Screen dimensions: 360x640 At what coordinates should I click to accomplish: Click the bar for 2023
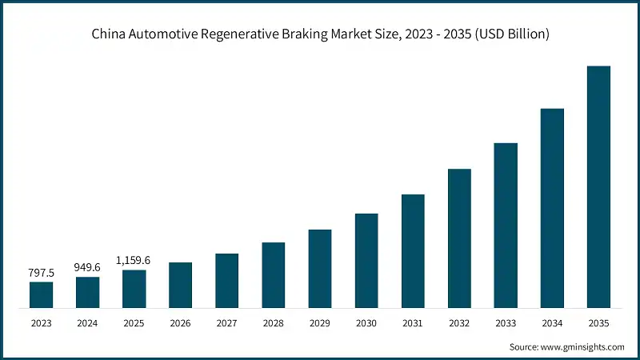point(42,294)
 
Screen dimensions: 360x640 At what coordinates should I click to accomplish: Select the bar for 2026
point(181,285)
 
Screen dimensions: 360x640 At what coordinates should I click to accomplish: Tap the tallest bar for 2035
point(598,186)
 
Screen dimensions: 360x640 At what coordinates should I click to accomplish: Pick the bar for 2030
point(366,260)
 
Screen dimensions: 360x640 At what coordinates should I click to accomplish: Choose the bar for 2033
point(506,225)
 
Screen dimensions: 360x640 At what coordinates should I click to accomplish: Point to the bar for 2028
point(274,274)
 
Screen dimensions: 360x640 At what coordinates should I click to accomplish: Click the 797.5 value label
point(42,272)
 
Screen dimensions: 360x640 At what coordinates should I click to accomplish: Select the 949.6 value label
point(88,267)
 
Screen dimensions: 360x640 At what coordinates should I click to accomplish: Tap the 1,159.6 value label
point(134,260)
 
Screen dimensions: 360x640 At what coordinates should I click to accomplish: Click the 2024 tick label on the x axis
point(88,323)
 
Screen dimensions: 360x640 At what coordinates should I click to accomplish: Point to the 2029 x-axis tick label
point(320,323)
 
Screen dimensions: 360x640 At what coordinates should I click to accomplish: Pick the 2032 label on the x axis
point(459,323)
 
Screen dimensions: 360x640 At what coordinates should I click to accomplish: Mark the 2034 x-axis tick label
point(552,323)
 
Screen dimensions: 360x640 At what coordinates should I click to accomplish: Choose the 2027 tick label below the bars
point(227,323)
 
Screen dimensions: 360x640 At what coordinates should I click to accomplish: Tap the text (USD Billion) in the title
point(510,34)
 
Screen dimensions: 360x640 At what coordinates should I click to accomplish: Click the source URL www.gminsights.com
point(582,346)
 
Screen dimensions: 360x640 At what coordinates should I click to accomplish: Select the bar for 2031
point(413,250)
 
